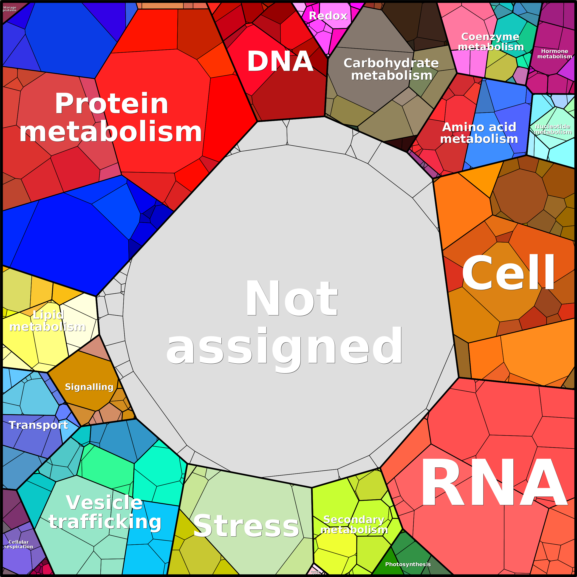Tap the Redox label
(x=328, y=16)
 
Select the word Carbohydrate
(x=391, y=63)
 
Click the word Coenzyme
(x=490, y=37)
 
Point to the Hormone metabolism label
(x=554, y=54)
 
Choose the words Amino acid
(x=479, y=127)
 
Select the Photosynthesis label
(x=408, y=564)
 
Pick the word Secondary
(x=354, y=520)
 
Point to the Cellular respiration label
(x=19, y=544)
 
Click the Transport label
(x=39, y=425)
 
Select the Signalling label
(x=89, y=387)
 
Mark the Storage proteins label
(x=10, y=9)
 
